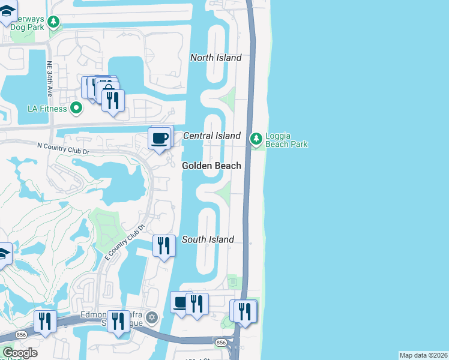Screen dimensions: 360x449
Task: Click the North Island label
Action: click(215, 58)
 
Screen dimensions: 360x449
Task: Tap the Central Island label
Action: click(211, 136)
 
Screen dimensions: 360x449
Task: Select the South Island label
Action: click(208, 239)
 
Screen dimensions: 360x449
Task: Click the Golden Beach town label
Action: click(211, 166)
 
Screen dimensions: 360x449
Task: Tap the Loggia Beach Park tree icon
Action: click(256, 139)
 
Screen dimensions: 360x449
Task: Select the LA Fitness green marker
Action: click(76, 109)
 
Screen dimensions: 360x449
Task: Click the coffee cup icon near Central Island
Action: click(160, 139)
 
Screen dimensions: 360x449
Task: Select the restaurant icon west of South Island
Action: click(163, 245)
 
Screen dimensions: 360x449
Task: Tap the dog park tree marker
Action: click(54, 22)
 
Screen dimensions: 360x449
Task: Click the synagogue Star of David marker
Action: click(151, 317)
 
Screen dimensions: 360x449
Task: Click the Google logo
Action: click(20, 353)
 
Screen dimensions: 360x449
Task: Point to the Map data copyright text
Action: click(423, 355)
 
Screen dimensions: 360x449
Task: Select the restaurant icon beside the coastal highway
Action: click(244, 311)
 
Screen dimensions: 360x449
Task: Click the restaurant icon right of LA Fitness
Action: click(112, 100)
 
